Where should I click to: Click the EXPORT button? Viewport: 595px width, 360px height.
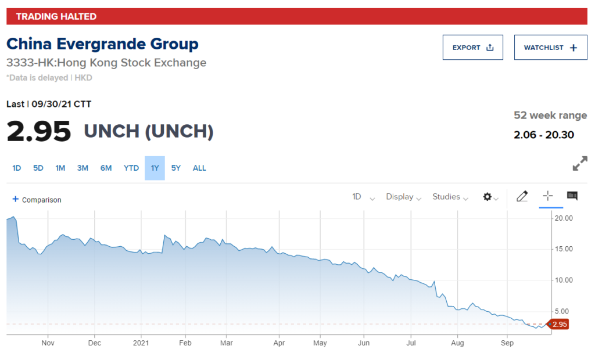472,48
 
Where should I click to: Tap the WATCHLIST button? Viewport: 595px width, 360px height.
550,48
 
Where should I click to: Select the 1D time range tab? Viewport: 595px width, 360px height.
17,168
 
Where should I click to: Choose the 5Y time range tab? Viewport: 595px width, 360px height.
176,168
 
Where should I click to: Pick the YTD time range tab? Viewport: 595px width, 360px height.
131,168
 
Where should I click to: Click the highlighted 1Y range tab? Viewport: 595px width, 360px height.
155,168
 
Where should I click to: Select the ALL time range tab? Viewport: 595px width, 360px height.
199,168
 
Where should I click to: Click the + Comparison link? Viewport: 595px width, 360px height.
37,200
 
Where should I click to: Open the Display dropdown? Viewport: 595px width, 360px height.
403,197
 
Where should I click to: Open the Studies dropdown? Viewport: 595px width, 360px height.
450,197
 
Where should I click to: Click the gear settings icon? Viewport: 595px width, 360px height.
488,197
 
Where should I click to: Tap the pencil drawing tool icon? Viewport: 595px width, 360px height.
522,197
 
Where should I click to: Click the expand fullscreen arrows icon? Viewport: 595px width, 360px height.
579,164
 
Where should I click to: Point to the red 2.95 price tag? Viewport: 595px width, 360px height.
559,324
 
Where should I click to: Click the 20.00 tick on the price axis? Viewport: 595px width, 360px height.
564,218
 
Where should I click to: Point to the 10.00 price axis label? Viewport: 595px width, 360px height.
564,280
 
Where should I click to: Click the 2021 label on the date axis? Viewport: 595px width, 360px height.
141,343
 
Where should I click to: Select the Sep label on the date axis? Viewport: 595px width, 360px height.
507,343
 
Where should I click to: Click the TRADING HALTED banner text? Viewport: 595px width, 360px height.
56,16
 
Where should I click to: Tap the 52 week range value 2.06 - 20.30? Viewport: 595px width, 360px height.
544,135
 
